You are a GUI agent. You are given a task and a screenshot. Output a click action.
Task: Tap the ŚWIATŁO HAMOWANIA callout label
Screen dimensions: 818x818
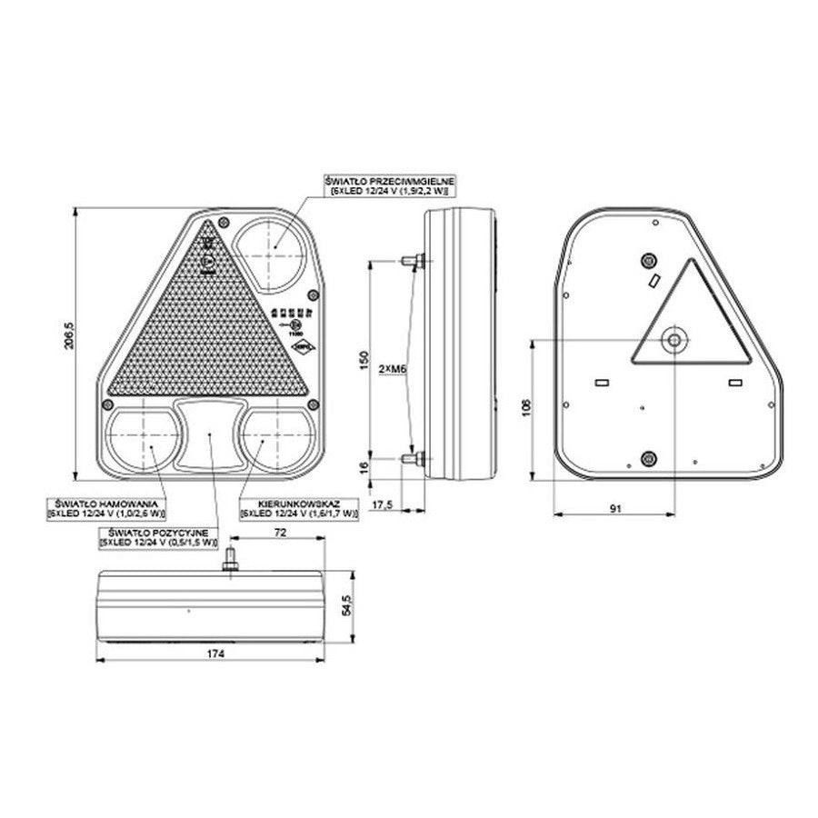[107, 508]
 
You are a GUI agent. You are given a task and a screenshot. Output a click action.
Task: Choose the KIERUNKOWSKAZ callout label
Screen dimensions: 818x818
[297, 508]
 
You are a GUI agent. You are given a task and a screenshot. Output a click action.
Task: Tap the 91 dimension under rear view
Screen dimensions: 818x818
[615, 509]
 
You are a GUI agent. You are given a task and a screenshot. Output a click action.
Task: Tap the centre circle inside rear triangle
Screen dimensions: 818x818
[673, 341]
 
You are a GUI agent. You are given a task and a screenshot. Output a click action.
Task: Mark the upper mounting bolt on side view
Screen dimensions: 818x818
[412, 261]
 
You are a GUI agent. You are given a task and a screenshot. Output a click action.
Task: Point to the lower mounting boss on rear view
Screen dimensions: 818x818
[648, 458]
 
